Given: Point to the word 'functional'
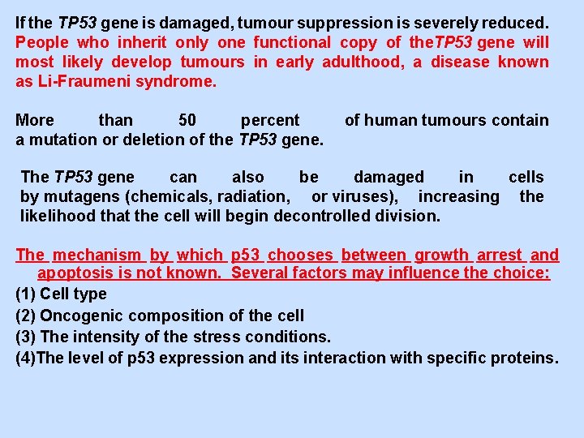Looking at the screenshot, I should pyautogui.click(x=292, y=42).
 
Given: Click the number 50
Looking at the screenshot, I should pyautogui.click(x=187, y=120).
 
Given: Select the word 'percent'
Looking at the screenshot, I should pyautogui.click(x=270, y=120).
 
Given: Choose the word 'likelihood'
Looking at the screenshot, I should pyautogui.click(x=58, y=216).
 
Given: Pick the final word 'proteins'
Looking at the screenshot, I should pyautogui.click(x=523, y=358).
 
